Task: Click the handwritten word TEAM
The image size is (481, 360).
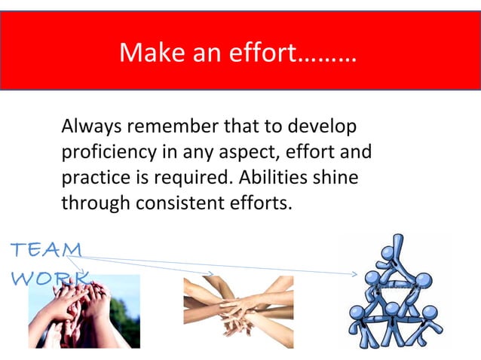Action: tap(47, 248)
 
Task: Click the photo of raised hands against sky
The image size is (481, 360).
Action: tap(84, 310)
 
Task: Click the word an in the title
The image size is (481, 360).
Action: tap(195, 53)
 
